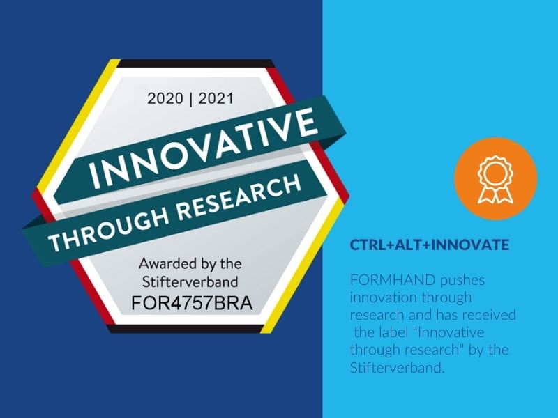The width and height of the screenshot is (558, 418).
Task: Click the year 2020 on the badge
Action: point(165,98)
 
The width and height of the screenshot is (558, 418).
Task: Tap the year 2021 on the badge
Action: point(216,98)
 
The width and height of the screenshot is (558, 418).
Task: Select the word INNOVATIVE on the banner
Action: point(203,148)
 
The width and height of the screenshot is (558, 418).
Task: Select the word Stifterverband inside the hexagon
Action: point(190,282)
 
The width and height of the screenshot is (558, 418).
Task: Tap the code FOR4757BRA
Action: point(192,303)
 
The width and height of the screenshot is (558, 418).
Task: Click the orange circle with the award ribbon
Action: point(496,178)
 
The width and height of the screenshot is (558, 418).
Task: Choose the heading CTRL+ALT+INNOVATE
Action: point(429,245)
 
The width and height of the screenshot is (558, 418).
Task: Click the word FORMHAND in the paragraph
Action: point(393,280)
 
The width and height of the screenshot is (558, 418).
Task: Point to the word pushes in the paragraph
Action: point(462,281)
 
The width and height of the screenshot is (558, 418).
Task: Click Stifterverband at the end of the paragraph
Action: point(397,367)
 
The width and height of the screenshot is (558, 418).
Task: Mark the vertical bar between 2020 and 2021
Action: point(190,99)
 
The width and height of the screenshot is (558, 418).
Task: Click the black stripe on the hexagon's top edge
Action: point(196,63)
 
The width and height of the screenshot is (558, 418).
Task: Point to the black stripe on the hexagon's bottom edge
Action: point(185,329)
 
